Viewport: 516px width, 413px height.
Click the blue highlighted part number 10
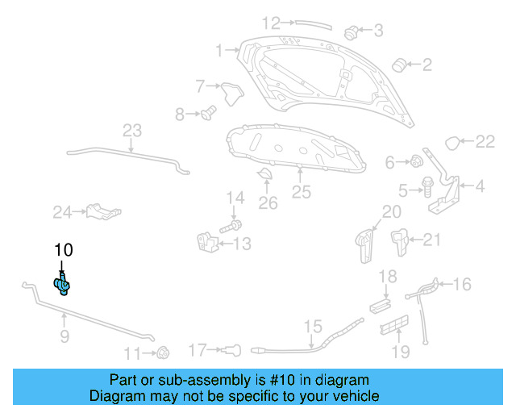point(62,283)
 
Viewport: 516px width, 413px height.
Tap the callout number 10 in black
point(63,250)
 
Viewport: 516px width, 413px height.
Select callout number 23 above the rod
point(132,131)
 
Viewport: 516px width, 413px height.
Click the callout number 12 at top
point(271,23)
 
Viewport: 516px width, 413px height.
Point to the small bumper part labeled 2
point(397,64)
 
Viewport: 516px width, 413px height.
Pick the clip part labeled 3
point(352,33)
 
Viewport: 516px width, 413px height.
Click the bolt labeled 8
point(208,114)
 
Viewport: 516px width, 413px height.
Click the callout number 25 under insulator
point(301,192)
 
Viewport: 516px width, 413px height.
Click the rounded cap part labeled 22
point(455,144)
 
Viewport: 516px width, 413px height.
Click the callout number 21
point(432,240)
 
